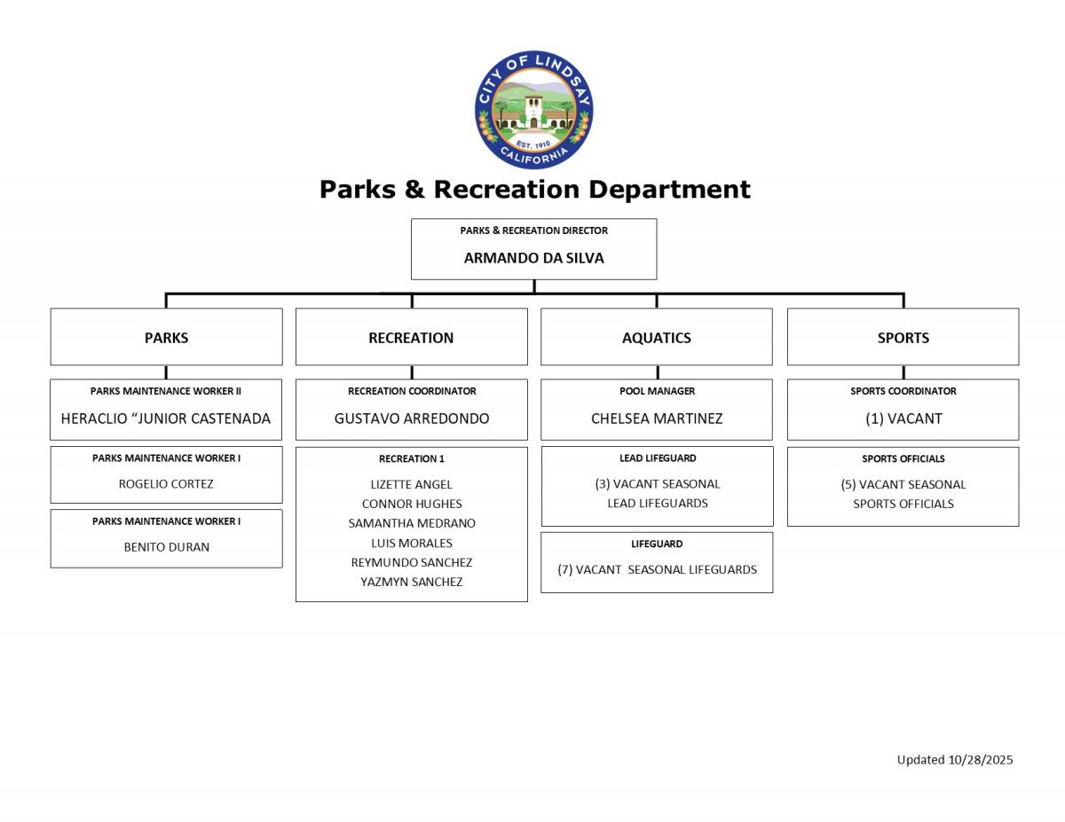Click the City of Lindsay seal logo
pos(533,110)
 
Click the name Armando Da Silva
pos(533,258)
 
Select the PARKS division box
pos(166,337)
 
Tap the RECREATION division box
pos(411,337)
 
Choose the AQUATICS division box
pos(656,337)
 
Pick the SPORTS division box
pos(903,337)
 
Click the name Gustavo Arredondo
pos(411,419)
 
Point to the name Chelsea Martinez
pos(657,419)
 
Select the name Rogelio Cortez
pos(166,484)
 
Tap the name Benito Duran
pos(166,547)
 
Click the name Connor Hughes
pos(411,504)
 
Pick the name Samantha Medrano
pos(411,523)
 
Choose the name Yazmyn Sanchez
pos(411,582)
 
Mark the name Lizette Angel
pos(411,484)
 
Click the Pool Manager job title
pos(657,391)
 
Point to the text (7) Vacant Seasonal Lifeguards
pos(657,569)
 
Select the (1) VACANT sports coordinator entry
pos(903,419)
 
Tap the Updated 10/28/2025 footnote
pos(954,759)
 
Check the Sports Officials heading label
pos(903,458)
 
